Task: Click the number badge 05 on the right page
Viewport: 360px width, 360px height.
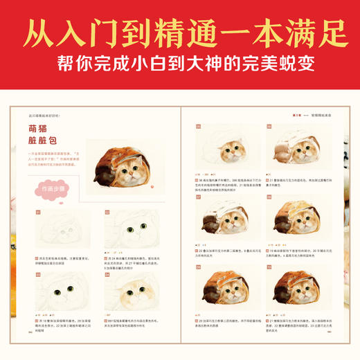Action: (198, 127)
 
